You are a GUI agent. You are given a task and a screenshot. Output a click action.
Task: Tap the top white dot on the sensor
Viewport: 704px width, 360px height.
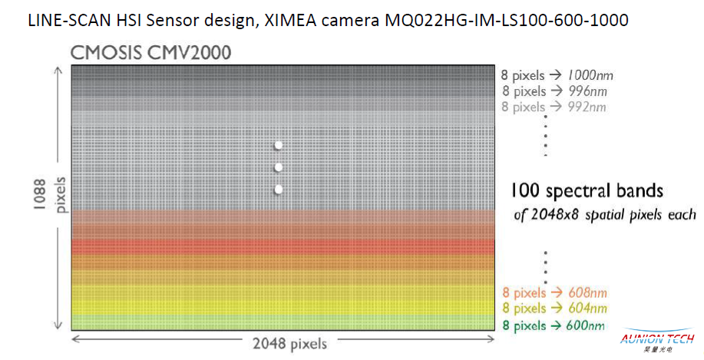pyautogui.click(x=279, y=145)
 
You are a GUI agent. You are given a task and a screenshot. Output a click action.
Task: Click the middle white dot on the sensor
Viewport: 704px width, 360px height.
pyautogui.click(x=279, y=167)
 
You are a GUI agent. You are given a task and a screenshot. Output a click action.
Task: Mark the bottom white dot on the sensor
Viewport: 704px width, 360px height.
pyautogui.click(x=279, y=189)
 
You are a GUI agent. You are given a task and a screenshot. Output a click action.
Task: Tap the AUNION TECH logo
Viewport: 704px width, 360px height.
pyautogui.click(x=658, y=339)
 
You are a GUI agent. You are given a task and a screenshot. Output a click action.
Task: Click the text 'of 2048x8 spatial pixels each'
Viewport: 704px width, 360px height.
pyautogui.click(x=604, y=214)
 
